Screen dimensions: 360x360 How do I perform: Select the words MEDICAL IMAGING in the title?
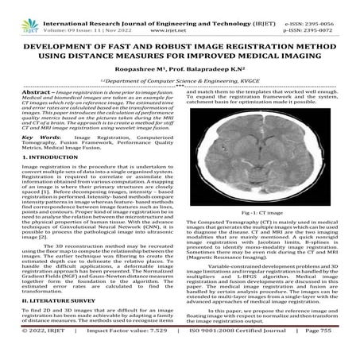[x=269, y=49]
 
